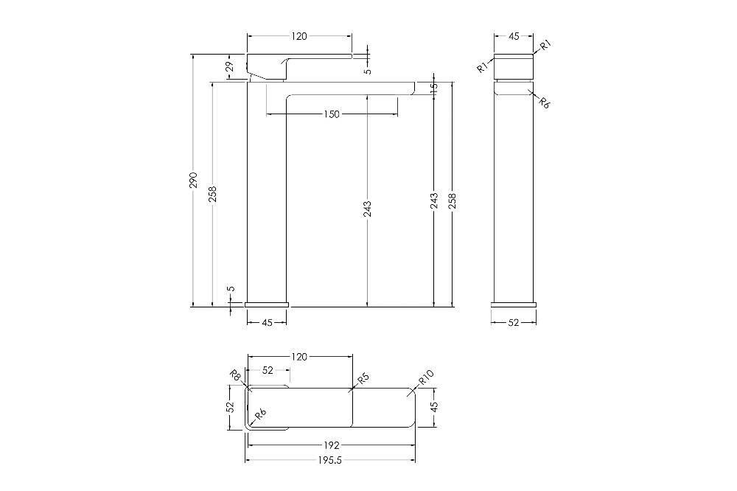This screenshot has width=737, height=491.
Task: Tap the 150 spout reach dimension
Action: (x=332, y=114)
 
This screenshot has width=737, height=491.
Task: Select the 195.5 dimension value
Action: (x=329, y=461)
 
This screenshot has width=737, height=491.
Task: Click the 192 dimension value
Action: (x=332, y=445)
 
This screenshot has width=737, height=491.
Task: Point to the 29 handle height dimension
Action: (x=230, y=66)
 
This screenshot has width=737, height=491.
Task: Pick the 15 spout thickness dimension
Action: (x=434, y=87)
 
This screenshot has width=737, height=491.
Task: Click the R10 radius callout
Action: (x=426, y=377)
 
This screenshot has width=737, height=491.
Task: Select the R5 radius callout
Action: (x=363, y=378)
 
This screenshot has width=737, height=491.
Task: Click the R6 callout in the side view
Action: (x=544, y=102)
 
